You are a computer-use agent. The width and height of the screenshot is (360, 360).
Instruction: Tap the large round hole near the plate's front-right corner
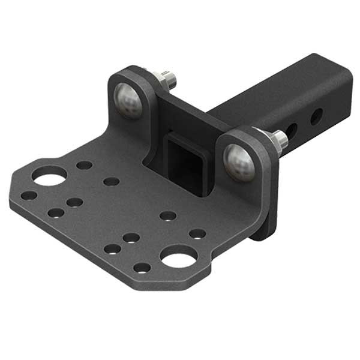tap(178, 257)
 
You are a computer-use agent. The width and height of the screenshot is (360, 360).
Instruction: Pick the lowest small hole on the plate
tap(142, 268)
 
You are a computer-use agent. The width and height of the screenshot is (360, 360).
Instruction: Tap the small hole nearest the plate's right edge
tap(197, 233)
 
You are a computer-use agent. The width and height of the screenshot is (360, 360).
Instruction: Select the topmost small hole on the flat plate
tap(85, 165)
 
